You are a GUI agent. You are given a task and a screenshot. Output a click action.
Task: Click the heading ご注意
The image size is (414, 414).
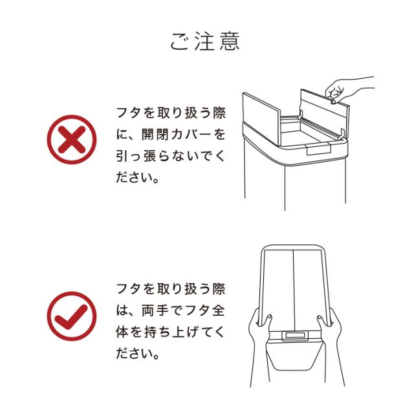(x=205, y=41)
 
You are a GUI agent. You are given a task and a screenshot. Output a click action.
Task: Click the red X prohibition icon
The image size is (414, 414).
(x=72, y=140)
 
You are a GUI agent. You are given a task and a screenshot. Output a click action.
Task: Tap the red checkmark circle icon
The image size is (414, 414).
(x=72, y=316)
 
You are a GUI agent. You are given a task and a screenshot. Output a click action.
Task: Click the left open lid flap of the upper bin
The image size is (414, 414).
(x=261, y=119)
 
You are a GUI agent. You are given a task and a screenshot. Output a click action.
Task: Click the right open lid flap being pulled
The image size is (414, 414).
(x=325, y=114)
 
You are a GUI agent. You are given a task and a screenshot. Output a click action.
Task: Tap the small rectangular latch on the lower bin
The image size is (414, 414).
(x=295, y=336)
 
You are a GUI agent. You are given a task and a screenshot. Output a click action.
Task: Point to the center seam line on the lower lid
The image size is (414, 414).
(x=294, y=290)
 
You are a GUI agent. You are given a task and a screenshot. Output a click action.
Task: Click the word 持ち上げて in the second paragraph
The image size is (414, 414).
(x=174, y=332)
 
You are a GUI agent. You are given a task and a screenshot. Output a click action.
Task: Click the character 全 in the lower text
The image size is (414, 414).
(x=219, y=310)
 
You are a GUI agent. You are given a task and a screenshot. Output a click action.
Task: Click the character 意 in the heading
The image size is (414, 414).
(x=230, y=41)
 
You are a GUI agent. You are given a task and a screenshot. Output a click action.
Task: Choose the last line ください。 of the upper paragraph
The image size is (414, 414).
(x=138, y=177)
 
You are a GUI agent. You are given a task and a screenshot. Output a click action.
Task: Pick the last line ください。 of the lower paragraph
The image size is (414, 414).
(x=138, y=354)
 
